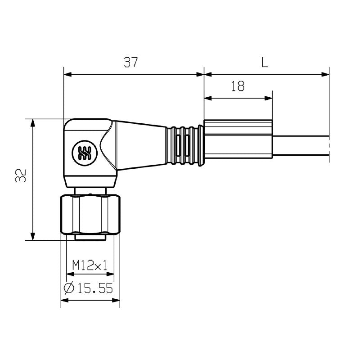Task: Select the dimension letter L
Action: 265,63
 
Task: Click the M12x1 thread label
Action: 90,265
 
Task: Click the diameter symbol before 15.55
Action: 69,288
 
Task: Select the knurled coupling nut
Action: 90,214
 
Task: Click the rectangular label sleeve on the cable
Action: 238,139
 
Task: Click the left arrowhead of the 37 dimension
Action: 67,75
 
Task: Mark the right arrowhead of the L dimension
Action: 326,75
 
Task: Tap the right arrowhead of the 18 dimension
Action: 270,98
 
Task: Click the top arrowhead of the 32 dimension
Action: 32,122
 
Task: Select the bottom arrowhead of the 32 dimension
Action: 32,237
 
